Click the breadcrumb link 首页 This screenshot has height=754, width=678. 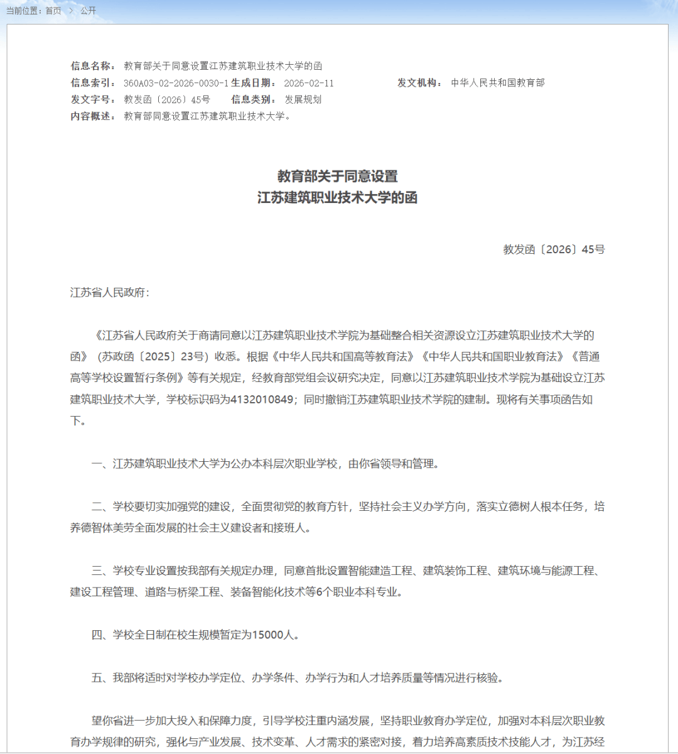tap(53, 11)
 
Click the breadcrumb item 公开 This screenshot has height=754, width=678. tap(89, 11)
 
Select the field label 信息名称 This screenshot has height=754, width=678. tap(92, 66)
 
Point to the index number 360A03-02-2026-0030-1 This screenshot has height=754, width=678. tap(176, 83)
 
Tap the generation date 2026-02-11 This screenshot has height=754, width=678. tap(309, 83)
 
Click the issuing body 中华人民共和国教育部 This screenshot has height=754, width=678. tap(498, 83)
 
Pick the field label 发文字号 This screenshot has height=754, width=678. tap(92, 99)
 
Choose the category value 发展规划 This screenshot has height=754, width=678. tap(303, 99)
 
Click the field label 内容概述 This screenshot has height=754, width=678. tap(92, 116)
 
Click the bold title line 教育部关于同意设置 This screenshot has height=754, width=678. tap(338, 176)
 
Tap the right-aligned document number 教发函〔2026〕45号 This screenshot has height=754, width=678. tap(554, 249)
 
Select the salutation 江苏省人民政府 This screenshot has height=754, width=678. tap(107, 293)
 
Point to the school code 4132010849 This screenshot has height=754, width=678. tap(262, 400)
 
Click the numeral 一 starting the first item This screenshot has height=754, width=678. tap(97, 464)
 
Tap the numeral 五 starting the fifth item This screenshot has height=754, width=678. tap(97, 678)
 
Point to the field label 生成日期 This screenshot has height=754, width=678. tap(253, 83)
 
